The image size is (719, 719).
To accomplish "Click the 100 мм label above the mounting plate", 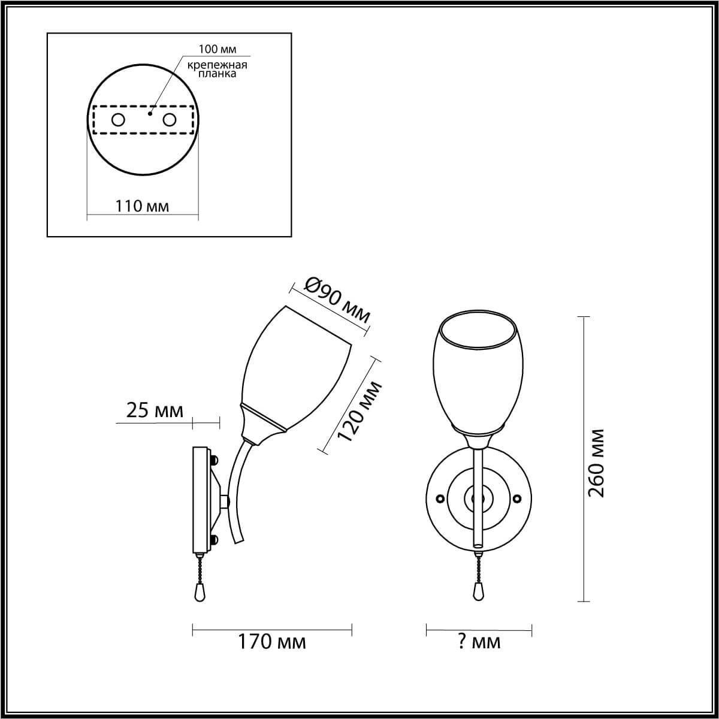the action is (217, 49).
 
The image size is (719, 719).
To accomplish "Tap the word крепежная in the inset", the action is (217, 65).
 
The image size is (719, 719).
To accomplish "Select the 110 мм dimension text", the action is (142, 206).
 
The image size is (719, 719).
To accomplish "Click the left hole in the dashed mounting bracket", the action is (118, 120).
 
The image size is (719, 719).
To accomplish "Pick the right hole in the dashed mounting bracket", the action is (169, 120).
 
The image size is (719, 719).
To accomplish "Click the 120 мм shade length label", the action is (359, 411).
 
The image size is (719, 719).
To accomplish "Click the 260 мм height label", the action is (596, 463).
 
